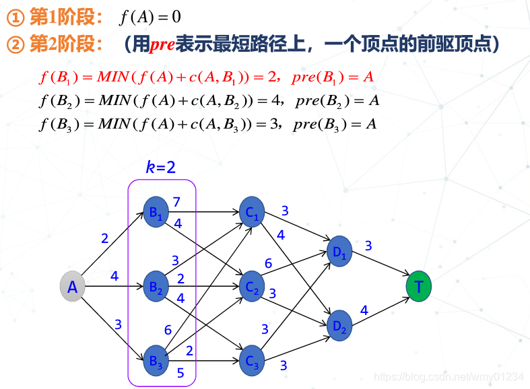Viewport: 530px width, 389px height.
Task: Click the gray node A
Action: pyautogui.click(x=73, y=287)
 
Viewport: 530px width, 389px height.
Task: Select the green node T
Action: pyautogui.click(x=419, y=287)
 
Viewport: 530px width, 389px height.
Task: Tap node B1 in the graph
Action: pyautogui.click(x=156, y=213)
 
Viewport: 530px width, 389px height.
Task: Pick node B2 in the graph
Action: pyautogui.click(x=156, y=287)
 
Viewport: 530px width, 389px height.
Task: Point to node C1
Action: pyautogui.click(x=252, y=213)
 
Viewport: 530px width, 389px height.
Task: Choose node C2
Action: pyautogui.click(x=252, y=287)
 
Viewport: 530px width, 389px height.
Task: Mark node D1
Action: pyautogui.click(x=339, y=250)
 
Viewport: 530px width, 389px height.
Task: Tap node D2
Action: pyautogui.click(x=339, y=325)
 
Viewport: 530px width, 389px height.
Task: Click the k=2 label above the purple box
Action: pyautogui.click(x=161, y=167)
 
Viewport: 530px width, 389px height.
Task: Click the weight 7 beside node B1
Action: pyautogui.click(x=176, y=202)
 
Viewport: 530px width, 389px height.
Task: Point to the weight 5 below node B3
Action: pyautogui.click(x=180, y=372)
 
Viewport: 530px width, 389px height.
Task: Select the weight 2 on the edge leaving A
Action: pyautogui.click(x=104, y=238)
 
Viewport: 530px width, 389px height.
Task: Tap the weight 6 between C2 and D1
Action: pyautogui.click(x=268, y=263)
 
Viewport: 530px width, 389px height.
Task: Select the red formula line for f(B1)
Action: pyautogui.click(x=206, y=77)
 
